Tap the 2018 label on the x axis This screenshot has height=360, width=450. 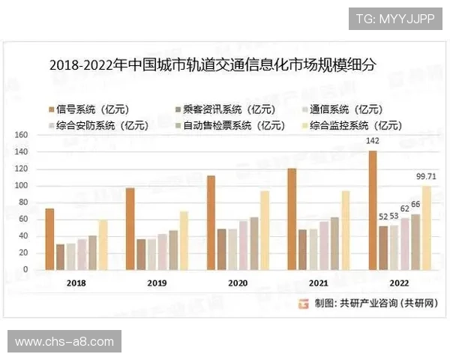76,283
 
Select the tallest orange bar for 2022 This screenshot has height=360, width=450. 373,210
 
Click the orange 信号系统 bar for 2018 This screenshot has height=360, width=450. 49,238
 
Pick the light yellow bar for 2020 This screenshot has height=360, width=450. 264,229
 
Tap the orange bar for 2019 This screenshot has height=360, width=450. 130,228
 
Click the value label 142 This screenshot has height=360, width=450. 372,142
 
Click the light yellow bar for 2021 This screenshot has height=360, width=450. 346,229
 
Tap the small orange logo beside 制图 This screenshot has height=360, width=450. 304,304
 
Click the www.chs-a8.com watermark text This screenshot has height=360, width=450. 64,342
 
